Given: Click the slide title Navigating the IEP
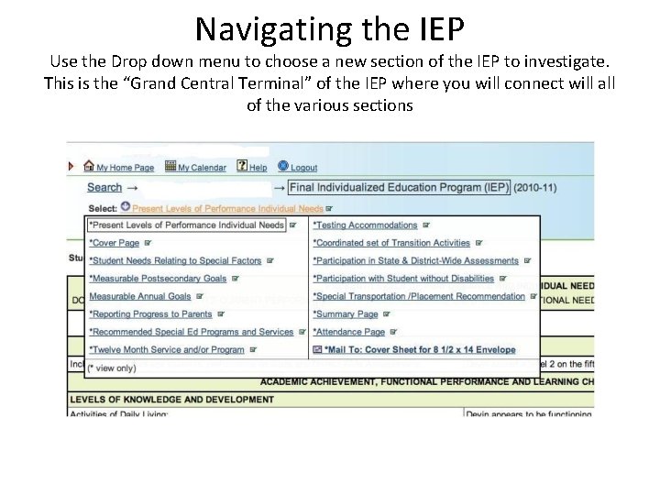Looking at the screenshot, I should click(330, 27).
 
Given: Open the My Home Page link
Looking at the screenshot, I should click(125, 168).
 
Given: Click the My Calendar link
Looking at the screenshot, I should click(201, 168).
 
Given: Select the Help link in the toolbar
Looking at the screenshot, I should click(258, 168).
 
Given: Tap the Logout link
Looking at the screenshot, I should click(303, 168).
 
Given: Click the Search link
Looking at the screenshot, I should click(104, 188).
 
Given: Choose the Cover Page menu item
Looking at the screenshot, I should click(115, 243).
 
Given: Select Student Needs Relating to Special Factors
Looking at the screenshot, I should click(176, 261).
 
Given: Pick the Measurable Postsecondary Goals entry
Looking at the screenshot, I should click(158, 279).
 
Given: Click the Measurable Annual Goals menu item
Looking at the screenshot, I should click(140, 296).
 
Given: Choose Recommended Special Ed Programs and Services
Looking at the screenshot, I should click(192, 332).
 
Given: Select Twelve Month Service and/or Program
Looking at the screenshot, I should click(168, 349).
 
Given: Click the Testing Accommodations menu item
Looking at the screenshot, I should click(365, 225).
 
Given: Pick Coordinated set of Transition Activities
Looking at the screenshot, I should click(391, 243).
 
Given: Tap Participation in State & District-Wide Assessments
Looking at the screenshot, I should click(415, 261).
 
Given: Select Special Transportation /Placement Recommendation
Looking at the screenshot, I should click(421, 296).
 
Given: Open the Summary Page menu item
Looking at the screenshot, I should click(346, 314).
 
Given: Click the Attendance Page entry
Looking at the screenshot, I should click(349, 332).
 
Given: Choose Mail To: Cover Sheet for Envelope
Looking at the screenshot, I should click(414, 349).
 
